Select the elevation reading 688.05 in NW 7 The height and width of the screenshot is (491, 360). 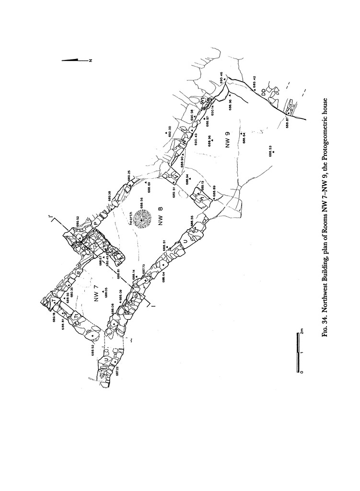pyautogui.click(x=106, y=293)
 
